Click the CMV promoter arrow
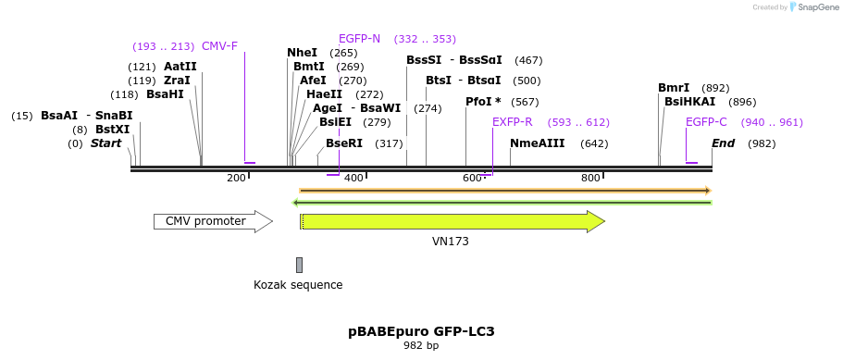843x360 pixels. (x=212, y=221)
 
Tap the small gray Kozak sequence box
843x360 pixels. (x=299, y=265)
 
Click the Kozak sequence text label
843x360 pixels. (x=298, y=285)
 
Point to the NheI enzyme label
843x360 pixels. (x=302, y=53)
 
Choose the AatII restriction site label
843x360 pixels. (x=180, y=67)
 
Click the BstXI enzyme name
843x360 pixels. (x=113, y=130)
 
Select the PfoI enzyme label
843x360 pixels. (x=483, y=102)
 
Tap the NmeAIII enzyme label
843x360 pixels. (x=537, y=143)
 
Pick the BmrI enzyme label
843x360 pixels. (x=674, y=88)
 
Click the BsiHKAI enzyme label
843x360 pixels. (x=689, y=102)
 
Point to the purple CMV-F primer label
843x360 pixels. (x=219, y=46)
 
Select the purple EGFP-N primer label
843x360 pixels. (x=359, y=39)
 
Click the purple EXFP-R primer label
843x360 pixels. (x=512, y=122)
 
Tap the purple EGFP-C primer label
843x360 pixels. (x=706, y=122)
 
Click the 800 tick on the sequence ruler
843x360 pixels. (x=590, y=178)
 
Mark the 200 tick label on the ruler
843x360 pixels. (x=236, y=178)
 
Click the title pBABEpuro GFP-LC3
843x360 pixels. (x=421, y=331)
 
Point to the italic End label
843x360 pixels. (x=723, y=143)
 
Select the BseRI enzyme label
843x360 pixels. (x=344, y=143)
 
